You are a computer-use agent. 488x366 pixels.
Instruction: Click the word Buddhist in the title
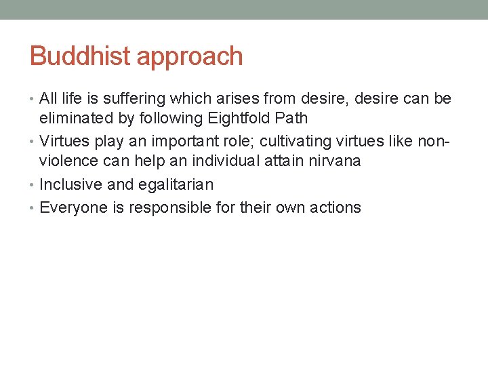80,56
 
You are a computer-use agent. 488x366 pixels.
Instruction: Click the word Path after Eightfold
291,118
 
